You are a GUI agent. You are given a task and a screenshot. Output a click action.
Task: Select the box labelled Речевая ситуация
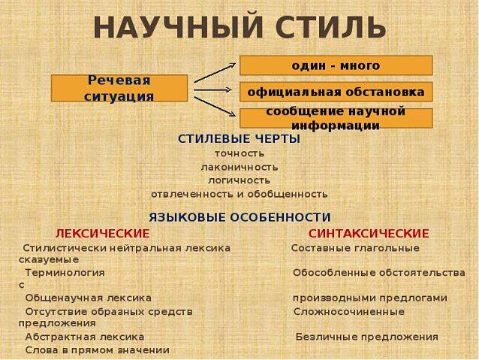click(119, 88)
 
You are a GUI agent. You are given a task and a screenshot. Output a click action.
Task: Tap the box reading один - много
click(336, 65)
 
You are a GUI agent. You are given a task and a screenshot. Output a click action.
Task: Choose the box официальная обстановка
click(336, 92)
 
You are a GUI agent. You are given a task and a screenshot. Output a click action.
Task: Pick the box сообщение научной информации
click(336, 118)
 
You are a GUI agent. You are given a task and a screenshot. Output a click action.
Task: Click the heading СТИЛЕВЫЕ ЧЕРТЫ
click(239, 139)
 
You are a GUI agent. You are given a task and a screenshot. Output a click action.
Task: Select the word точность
click(239, 153)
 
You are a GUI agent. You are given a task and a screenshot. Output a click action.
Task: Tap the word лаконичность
click(239, 167)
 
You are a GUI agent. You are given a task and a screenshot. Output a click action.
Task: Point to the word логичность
click(239, 180)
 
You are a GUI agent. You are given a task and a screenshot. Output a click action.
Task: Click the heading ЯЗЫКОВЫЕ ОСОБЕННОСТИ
click(239, 216)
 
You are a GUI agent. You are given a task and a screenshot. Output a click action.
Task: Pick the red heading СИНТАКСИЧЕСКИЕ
click(369, 233)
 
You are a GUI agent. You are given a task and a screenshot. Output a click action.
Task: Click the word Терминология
click(65, 272)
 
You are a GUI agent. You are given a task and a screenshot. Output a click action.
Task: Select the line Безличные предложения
click(366, 337)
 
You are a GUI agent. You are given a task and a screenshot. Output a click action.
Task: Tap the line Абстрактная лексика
click(84, 337)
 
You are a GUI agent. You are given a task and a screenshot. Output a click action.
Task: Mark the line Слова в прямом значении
click(97, 350)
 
